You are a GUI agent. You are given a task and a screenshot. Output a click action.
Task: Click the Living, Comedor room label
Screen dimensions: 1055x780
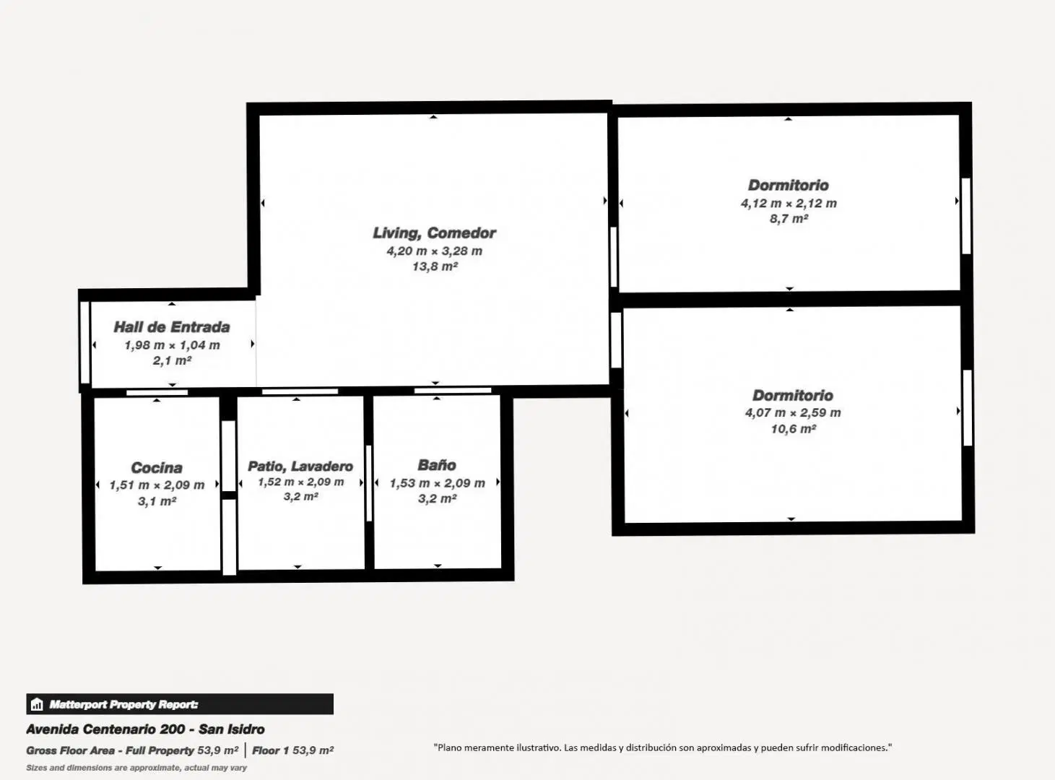click(434, 233)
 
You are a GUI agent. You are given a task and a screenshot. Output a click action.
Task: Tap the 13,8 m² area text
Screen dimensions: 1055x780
click(435, 266)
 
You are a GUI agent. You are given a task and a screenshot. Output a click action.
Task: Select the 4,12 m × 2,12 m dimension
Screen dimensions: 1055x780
click(789, 203)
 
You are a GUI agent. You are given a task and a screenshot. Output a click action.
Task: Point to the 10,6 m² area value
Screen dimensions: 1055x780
click(794, 429)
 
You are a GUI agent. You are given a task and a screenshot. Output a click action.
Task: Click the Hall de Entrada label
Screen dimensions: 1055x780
click(172, 327)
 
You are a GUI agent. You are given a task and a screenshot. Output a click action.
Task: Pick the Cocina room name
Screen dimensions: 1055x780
click(157, 468)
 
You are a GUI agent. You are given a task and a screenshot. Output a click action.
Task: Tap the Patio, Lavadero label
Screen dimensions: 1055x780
click(300, 467)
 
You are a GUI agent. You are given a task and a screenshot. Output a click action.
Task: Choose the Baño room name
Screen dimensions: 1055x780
click(437, 464)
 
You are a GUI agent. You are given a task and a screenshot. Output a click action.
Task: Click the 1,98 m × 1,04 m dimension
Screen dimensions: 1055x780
click(172, 345)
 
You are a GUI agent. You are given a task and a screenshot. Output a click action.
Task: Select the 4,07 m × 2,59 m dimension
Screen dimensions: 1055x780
click(793, 412)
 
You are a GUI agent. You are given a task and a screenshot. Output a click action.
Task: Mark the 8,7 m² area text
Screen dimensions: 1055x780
click(789, 218)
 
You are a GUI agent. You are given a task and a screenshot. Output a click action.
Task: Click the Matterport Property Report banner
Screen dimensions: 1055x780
click(180, 704)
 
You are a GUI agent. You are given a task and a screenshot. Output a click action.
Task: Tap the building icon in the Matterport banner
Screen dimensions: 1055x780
click(37, 704)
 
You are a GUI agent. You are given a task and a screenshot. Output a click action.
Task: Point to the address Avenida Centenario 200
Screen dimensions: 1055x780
click(105, 729)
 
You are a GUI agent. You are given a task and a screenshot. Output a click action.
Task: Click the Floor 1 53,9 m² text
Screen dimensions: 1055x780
click(292, 750)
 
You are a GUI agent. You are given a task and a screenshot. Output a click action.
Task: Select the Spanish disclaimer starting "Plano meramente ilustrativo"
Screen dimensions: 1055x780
click(663, 747)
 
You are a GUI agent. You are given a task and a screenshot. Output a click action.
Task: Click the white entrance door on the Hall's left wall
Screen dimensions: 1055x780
click(85, 342)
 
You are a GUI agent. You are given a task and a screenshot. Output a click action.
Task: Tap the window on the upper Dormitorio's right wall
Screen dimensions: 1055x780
click(966, 215)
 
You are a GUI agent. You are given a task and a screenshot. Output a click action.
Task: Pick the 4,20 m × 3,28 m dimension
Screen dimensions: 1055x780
click(434, 251)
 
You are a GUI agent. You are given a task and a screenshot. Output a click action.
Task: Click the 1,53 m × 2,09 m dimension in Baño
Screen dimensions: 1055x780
click(437, 483)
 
